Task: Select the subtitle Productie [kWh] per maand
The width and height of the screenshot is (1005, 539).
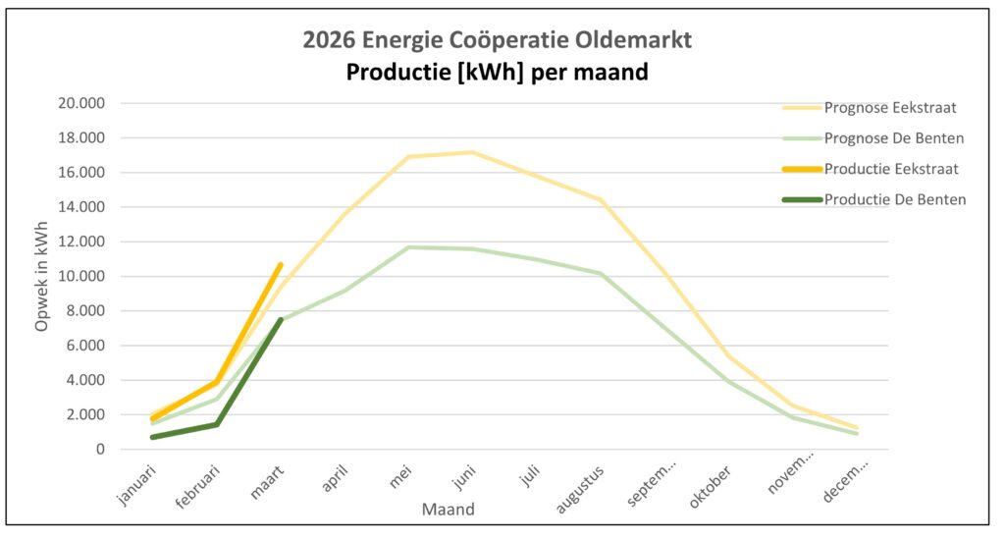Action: pyautogui.click(x=498, y=72)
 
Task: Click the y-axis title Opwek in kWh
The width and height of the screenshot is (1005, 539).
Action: pyautogui.click(x=42, y=276)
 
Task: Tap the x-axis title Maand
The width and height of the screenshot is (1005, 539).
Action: pyautogui.click(x=449, y=510)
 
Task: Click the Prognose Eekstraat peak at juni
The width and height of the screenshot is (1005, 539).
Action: pyautogui.click(x=473, y=152)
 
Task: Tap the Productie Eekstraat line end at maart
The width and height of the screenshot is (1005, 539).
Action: pyautogui.click(x=281, y=265)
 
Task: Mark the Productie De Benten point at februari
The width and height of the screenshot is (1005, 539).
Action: pyautogui.click(x=217, y=424)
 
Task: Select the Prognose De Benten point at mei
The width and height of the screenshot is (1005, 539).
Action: pyautogui.click(x=408, y=247)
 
